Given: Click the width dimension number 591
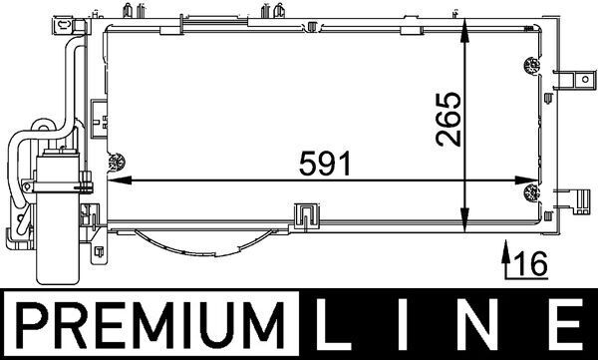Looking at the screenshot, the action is [x=324, y=164].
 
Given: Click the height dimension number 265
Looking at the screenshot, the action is [x=448, y=119].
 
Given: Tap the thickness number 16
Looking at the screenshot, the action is [x=531, y=263].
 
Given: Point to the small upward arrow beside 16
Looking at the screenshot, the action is [x=506, y=257].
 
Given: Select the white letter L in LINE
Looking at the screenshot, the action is [x=332, y=324].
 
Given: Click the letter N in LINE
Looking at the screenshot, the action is [x=477, y=324].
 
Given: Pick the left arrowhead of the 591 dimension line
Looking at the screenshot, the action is [x=120, y=180].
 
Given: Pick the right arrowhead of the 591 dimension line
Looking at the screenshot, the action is [x=526, y=180].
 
